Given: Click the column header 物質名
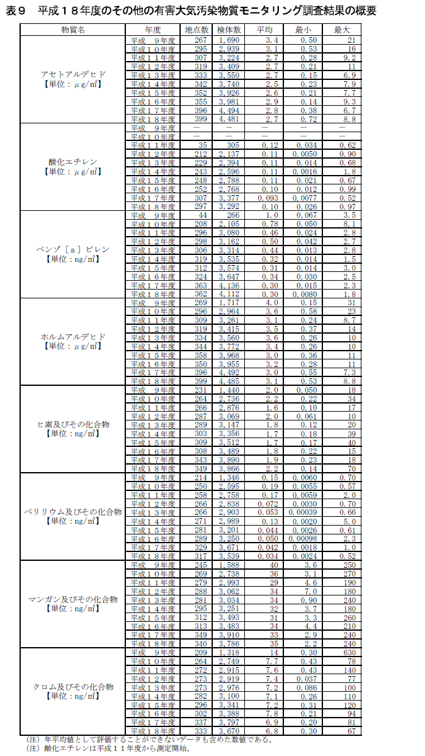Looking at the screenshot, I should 74,30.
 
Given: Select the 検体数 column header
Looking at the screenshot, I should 229,30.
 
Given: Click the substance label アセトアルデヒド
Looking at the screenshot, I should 74,74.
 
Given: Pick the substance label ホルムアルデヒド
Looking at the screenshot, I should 74,337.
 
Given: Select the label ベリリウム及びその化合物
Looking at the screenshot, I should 74,512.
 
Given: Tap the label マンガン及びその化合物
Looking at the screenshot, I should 74,599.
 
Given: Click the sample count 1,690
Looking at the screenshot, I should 229,40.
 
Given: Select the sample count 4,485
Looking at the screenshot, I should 229,381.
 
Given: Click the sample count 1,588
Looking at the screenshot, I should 229,565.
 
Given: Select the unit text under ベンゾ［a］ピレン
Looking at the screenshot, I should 74,258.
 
